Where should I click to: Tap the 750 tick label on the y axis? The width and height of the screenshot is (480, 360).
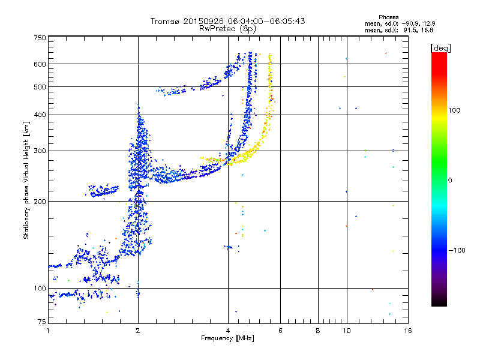tap(40, 38)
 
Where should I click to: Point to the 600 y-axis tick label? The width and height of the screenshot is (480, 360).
tap(40, 64)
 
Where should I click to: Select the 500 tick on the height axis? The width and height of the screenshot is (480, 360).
tap(40, 87)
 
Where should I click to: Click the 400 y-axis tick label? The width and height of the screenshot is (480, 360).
tap(40, 115)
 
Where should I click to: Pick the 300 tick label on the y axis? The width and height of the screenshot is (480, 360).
tap(40, 151)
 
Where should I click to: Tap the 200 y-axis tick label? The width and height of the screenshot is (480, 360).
tap(40, 202)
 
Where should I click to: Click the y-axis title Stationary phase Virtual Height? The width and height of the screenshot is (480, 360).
tap(26, 180)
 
